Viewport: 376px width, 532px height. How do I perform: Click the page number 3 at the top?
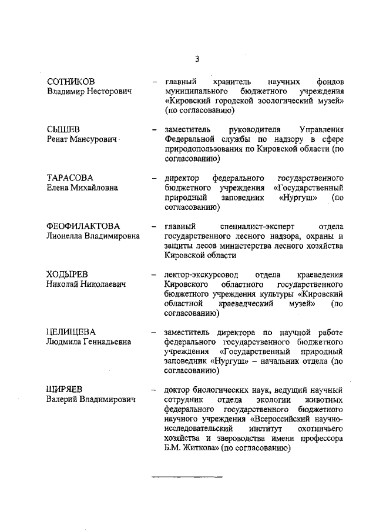pos(197,59)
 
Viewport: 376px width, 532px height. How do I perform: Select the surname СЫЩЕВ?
pos(63,129)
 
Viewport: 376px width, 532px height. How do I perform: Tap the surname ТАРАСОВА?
pos(70,178)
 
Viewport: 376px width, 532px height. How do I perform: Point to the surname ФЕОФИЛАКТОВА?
pos(83,226)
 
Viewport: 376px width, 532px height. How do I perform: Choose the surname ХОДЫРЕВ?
pos(68,275)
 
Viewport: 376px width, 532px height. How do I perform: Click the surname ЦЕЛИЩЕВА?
pos(71,332)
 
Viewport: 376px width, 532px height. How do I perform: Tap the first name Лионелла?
pos(65,236)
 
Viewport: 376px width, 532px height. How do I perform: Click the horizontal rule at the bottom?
pos(187,474)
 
